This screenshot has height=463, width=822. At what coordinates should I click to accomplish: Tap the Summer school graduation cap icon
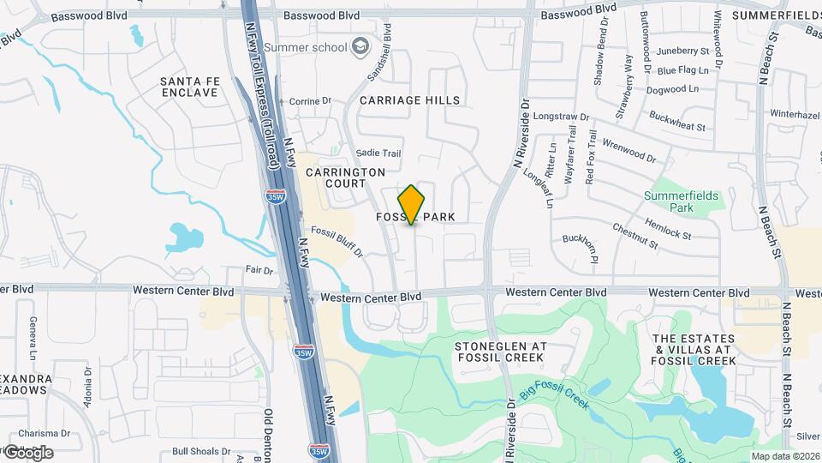pos(360,46)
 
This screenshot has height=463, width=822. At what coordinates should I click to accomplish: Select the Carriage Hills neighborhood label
pos(409,100)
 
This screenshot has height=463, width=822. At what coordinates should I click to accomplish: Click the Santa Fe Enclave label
pos(190,87)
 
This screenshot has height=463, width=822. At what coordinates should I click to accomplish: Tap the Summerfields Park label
pos(682,201)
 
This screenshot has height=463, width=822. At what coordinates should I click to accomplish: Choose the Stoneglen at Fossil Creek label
pos(500,353)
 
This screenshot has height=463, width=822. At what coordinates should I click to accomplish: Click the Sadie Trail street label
pos(378,153)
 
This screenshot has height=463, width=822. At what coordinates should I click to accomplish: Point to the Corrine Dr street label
pos(309,101)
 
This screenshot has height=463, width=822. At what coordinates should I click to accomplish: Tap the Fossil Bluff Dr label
pos(337,242)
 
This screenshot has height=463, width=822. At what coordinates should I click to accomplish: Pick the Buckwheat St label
pos(676,121)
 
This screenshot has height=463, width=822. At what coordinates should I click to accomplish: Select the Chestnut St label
pos(634,237)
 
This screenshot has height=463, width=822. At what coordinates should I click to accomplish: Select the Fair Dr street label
pos(259,270)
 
